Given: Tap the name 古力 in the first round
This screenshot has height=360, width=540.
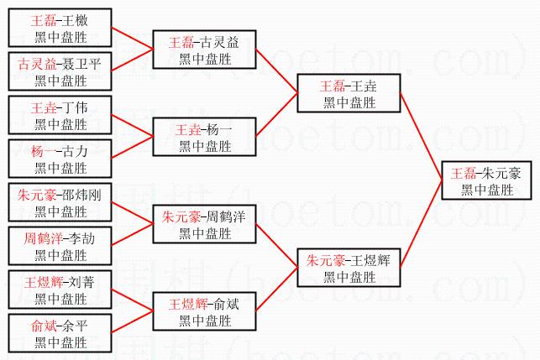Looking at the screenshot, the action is [x=75, y=151].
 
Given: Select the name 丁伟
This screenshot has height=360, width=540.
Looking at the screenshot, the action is [x=75, y=107].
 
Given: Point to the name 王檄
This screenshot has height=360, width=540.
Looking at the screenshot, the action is [x=75, y=21].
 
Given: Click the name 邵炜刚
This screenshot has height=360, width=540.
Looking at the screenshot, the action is [x=82, y=196].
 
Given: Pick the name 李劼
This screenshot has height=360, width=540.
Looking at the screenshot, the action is [x=82, y=239].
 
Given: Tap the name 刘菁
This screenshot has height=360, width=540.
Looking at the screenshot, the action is [x=81, y=283].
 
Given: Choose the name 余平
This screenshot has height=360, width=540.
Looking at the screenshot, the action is [x=75, y=326].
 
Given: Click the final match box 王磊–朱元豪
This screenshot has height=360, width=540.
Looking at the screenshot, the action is [x=486, y=180].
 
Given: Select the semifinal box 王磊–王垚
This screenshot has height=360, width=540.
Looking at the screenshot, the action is [x=349, y=93].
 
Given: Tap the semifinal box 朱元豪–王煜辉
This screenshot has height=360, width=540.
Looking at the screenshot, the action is [x=349, y=268].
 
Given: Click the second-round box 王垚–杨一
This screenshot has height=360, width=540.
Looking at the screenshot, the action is [x=205, y=137].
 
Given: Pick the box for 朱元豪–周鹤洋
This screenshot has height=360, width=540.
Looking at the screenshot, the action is [x=205, y=224].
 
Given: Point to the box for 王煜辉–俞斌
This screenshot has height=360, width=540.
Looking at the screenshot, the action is [x=205, y=311].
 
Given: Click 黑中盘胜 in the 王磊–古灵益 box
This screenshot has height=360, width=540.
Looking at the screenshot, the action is [x=205, y=60].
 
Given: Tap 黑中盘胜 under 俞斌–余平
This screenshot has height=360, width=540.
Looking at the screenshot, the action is [x=60, y=342].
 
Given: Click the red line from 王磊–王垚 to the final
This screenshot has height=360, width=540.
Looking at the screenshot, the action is [x=421, y=136].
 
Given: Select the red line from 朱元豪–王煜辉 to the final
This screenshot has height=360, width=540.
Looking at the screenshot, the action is [x=421, y=224].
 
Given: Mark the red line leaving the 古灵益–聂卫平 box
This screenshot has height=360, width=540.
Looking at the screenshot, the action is [x=132, y=60].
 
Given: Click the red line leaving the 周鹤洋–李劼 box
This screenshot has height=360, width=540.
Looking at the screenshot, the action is [x=132, y=235].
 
